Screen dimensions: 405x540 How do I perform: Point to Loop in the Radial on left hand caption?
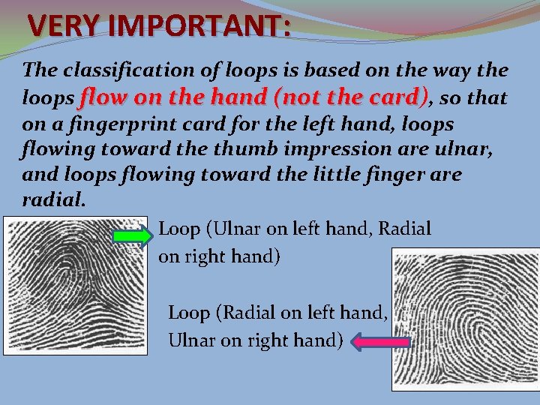pos(188,312)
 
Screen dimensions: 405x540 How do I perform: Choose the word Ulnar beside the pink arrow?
pos(190,340)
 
